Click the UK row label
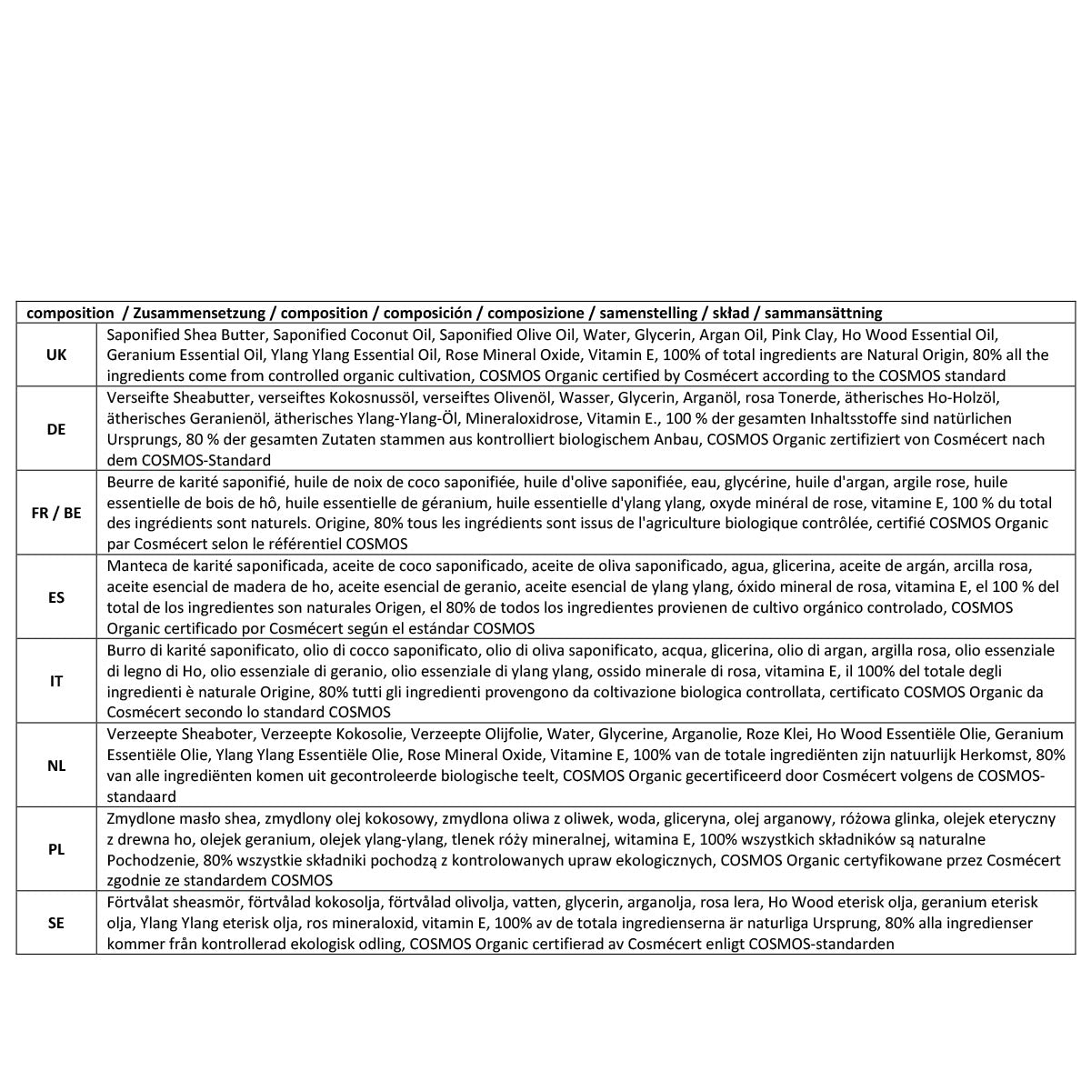tap(56, 355)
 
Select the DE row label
tap(56, 429)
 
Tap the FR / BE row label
tap(56, 513)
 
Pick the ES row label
tap(56, 597)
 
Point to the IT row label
tap(56, 681)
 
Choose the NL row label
tap(56, 766)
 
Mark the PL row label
tap(56, 849)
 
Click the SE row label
tap(56, 923)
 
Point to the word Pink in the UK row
tap(787, 335)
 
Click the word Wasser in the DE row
tap(584, 397)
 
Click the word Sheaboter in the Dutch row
tap(208, 734)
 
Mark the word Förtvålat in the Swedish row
tap(136, 902)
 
